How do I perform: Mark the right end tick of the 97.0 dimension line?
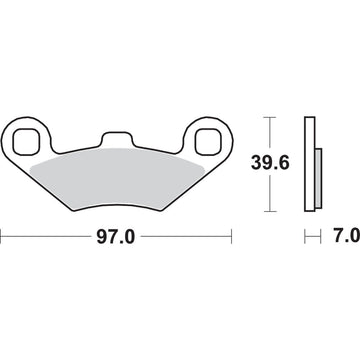click(232, 239)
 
